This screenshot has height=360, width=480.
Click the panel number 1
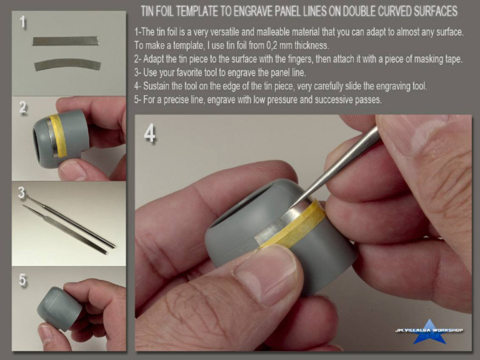(22, 22)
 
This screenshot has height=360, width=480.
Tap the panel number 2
(23, 107)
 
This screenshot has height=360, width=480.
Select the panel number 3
(21, 192)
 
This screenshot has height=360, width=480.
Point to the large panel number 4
(149, 134)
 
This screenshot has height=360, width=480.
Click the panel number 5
(22, 280)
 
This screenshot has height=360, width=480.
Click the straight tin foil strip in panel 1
(66, 41)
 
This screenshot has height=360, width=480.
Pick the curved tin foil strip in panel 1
(67, 64)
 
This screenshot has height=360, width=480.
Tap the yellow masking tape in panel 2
(58, 136)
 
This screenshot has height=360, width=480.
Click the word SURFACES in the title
(435, 11)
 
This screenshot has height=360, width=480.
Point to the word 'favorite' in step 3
(191, 72)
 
